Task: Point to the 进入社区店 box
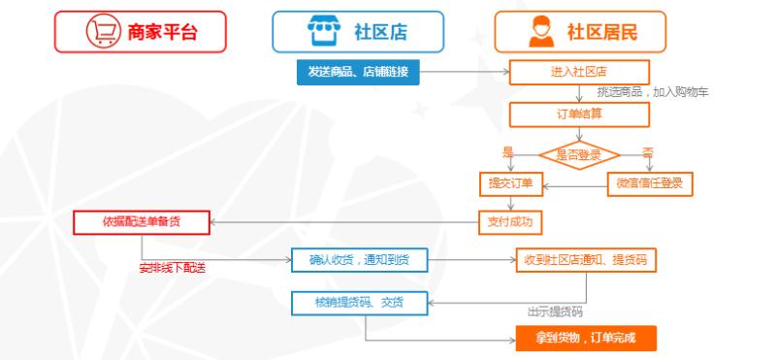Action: coord(579,71)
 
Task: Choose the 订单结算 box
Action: coord(579,114)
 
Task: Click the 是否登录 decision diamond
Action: coord(580,153)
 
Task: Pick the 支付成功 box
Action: coord(510,221)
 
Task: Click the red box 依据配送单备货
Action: coord(142,221)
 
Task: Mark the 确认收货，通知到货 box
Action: coord(359,260)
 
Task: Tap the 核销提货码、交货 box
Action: coord(359,302)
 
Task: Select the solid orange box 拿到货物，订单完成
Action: coord(585,338)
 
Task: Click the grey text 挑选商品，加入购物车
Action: coord(653,92)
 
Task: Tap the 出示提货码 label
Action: coord(554,312)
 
